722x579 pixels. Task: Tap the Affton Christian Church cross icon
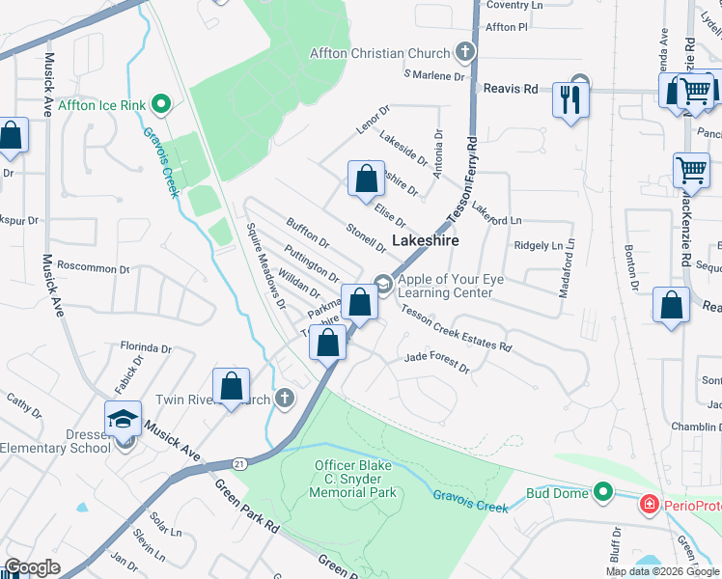464,53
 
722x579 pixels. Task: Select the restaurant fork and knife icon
569,97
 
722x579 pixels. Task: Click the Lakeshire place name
425,240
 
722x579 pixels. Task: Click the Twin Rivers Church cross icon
284,399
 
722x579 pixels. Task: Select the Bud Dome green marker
603,493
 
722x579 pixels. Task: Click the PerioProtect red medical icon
651,504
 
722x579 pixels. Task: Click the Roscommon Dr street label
93,268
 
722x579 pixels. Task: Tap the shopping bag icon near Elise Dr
366,179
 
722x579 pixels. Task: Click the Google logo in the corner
33,567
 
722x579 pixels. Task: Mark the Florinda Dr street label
145,347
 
